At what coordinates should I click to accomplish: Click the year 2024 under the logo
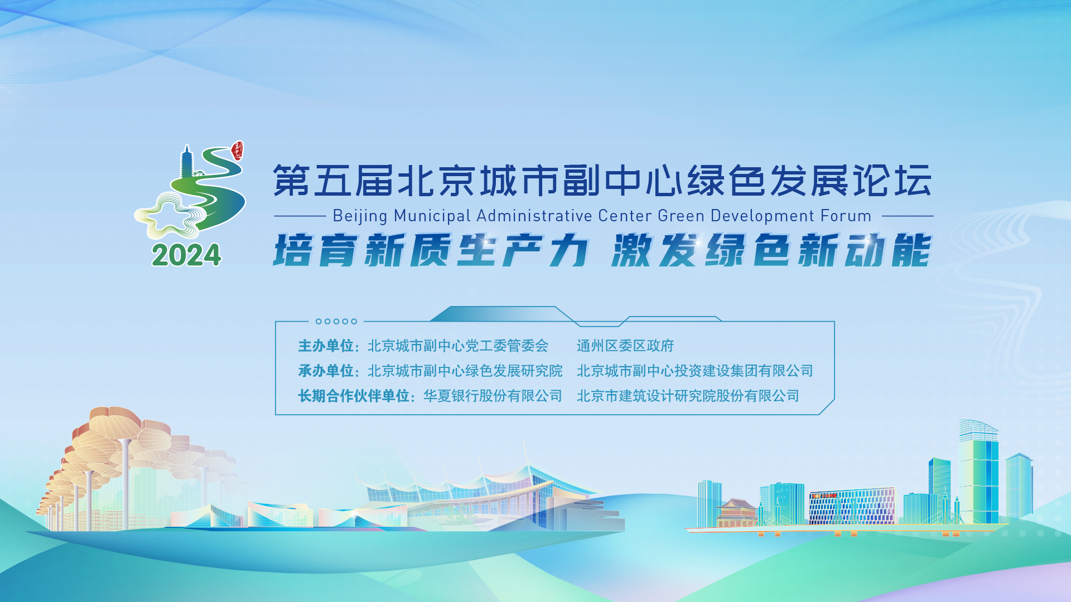(x=186, y=255)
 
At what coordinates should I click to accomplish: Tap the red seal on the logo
(x=238, y=150)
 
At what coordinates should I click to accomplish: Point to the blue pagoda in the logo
(x=187, y=162)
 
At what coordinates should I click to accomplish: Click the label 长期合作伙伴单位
(x=354, y=396)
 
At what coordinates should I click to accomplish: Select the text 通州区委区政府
(x=625, y=346)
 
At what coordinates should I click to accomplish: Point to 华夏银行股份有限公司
(x=493, y=396)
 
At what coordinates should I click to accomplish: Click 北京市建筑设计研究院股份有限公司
(x=688, y=396)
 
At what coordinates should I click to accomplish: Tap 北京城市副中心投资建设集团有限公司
(x=694, y=371)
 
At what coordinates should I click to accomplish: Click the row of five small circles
(x=336, y=322)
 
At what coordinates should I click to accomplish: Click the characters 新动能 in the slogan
(x=864, y=250)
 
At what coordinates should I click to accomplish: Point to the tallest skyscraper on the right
(x=978, y=474)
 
